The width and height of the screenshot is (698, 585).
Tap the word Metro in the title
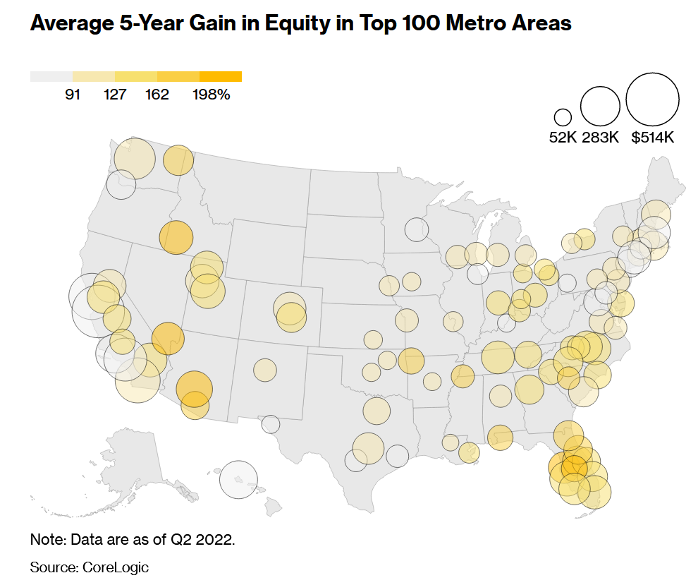click(x=458, y=23)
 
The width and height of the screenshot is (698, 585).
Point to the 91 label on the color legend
click(x=73, y=95)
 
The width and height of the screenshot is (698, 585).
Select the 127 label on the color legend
click(x=115, y=95)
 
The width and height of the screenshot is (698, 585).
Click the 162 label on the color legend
click(x=157, y=95)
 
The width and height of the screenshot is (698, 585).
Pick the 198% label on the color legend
click(x=211, y=95)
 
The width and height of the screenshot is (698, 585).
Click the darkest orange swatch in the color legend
click(x=221, y=76)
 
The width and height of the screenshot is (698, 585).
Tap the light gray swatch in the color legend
click(x=51, y=76)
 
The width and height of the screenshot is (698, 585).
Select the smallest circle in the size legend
click(x=563, y=117)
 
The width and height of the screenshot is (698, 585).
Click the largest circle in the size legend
click(x=652, y=99)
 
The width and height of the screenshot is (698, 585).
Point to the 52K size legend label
click(x=563, y=138)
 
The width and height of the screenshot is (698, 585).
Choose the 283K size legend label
click(x=600, y=138)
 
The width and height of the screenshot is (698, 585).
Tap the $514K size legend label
click(x=653, y=138)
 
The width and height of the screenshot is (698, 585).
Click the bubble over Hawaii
click(x=238, y=479)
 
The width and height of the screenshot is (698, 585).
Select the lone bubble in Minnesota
click(x=417, y=229)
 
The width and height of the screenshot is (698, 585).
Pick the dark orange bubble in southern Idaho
click(x=176, y=237)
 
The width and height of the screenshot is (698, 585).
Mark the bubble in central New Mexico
click(x=265, y=369)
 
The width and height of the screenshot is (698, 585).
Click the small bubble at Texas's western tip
click(x=270, y=424)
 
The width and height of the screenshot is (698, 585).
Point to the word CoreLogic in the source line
click(x=116, y=567)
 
